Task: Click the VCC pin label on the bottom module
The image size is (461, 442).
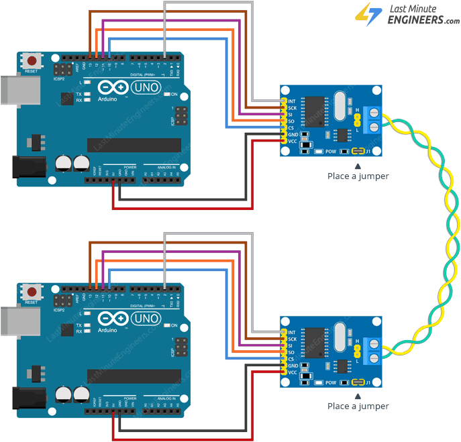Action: pyautogui.click(x=292, y=372)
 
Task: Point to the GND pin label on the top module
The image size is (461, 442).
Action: pyautogui.click(x=292, y=135)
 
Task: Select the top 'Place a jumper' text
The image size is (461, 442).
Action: pyautogui.click(x=358, y=176)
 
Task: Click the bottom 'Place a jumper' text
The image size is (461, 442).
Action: pyautogui.click(x=358, y=406)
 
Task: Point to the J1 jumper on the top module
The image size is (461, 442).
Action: pyautogui.click(x=360, y=151)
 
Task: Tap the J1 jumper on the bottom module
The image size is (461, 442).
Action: pyautogui.click(x=360, y=382)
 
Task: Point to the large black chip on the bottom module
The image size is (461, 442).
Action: pyautogui.click(x=313, y=341)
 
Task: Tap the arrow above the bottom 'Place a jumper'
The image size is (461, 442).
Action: pyautogui.click(x=358, y=396)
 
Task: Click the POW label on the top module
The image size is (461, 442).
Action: pyautogui.click(x=331, y=152)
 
